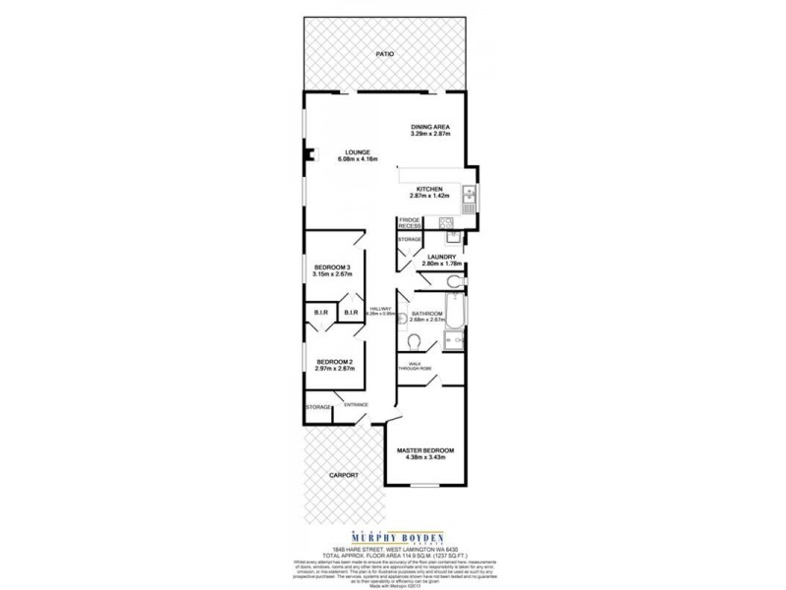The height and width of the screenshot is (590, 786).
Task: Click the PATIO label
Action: point(384,54)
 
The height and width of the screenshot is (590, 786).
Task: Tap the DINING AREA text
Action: point(429,127)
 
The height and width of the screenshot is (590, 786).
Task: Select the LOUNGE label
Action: point(357,151)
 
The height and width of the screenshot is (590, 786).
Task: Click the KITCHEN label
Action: point(429,189)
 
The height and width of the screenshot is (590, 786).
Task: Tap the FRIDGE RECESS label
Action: point(410,222)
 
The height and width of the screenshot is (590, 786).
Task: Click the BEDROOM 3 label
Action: point(333,267)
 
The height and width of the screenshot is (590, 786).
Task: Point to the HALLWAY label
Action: point(381,310)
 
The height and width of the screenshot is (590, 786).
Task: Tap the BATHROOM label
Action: point(429,314)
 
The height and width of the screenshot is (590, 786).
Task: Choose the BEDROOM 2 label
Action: point(334,363)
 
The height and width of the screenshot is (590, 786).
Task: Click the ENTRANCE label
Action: point(356,403)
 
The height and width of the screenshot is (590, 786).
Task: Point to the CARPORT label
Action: point(344,476)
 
